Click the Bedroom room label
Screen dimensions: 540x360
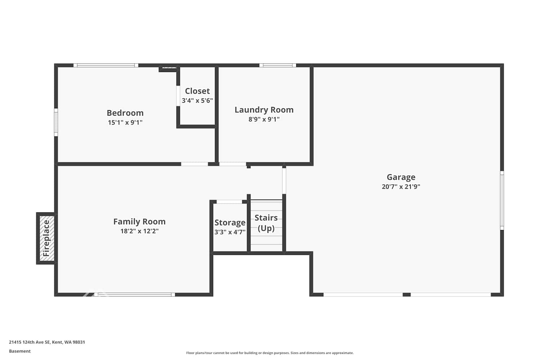(x=125, y=113)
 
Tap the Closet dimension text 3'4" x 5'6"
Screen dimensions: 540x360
(x=197, y=100)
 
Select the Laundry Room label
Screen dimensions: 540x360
(x=264, y=110)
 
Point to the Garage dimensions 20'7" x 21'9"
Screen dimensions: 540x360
(x=401, y=186)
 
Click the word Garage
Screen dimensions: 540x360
(x=401, y=177)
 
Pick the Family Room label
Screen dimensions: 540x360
(x=139, y=222)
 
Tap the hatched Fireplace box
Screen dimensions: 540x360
(x=47, y=238)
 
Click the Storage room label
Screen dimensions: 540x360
(x=230, y=222)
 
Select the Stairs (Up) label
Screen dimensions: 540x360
(x=266, y=223)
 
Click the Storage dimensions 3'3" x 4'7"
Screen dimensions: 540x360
(x=230, y=232)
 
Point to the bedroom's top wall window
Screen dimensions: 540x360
(x=106, y=66)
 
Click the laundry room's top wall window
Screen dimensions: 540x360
(x=278, y=66)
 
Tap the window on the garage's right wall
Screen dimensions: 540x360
(x=502, y=201)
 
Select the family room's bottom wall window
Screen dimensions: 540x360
(x=135, y=294)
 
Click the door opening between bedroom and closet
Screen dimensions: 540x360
(x=178, y=96)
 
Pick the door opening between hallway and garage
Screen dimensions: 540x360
(x=284, y=181)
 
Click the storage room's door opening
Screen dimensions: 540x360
(x=229, y=202)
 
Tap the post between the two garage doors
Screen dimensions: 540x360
(x=407, y=294)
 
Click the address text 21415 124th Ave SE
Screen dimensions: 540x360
(x=30, y=342)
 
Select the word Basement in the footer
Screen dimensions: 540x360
(x=20, y=351)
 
